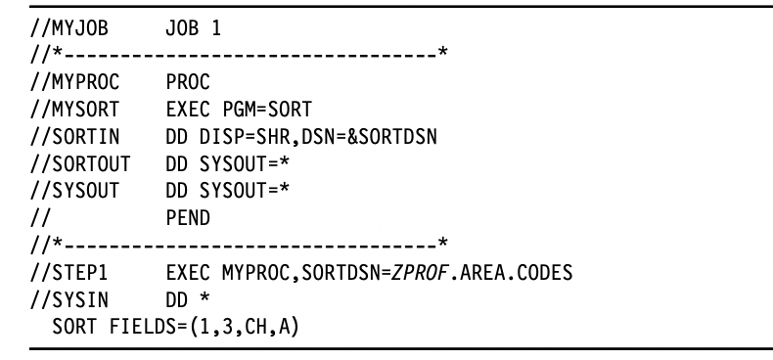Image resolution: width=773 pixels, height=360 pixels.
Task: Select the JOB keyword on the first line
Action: (184, 29)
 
